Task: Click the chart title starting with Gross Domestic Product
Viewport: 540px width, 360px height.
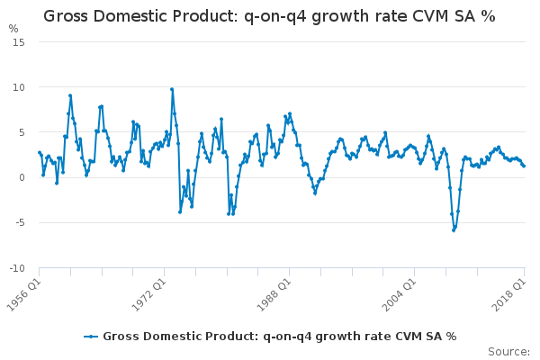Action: [x=270, y=16]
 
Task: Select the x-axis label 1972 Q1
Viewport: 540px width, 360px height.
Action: [x=149, y=290]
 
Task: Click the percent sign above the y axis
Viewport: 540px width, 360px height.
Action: [x=13, y=28]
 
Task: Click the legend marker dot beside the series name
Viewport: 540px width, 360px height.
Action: [x=91, y=337]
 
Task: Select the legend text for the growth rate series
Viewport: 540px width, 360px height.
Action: [x=280, y=337]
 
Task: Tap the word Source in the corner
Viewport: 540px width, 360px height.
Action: [x=508, y=351]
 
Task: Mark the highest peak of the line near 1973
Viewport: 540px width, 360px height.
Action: [x=172, y=89]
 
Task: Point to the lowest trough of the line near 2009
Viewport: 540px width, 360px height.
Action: [x=454, y=230]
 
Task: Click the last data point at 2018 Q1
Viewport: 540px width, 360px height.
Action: [x=524, y=166]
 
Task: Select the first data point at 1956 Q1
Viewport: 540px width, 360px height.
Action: [x=39, y=152]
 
